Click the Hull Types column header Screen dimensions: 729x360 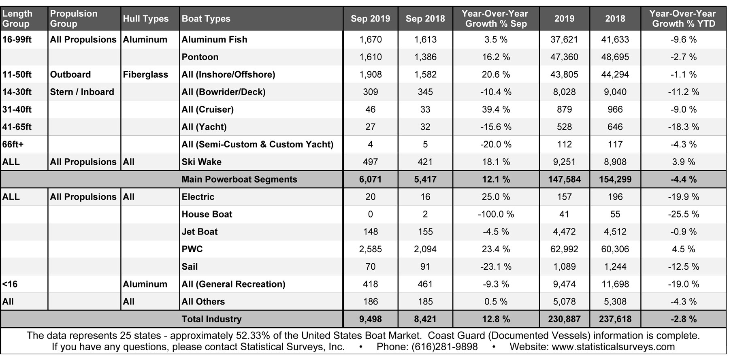[145, 19]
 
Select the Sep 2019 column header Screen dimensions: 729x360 [370, 19]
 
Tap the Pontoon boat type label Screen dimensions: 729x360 [200, 57]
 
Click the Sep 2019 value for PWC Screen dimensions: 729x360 [370, 249]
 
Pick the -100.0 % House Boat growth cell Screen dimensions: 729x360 [496, 214]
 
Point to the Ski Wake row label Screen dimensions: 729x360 [202, 162]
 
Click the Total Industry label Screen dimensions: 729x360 [211, 319]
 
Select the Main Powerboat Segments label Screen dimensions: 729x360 [239, 179]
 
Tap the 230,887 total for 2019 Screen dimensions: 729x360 [564, 319]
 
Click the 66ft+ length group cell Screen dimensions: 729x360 [13, 145]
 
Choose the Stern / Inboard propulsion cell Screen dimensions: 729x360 [82, 92]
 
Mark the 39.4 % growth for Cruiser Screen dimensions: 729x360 [496, 109]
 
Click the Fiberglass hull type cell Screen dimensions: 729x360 [145, 75]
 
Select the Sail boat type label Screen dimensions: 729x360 [190, 266]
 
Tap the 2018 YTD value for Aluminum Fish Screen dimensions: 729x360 [615, 40]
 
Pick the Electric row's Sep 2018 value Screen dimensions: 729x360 [425, 197]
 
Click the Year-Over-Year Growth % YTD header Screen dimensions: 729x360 [683, 19]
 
